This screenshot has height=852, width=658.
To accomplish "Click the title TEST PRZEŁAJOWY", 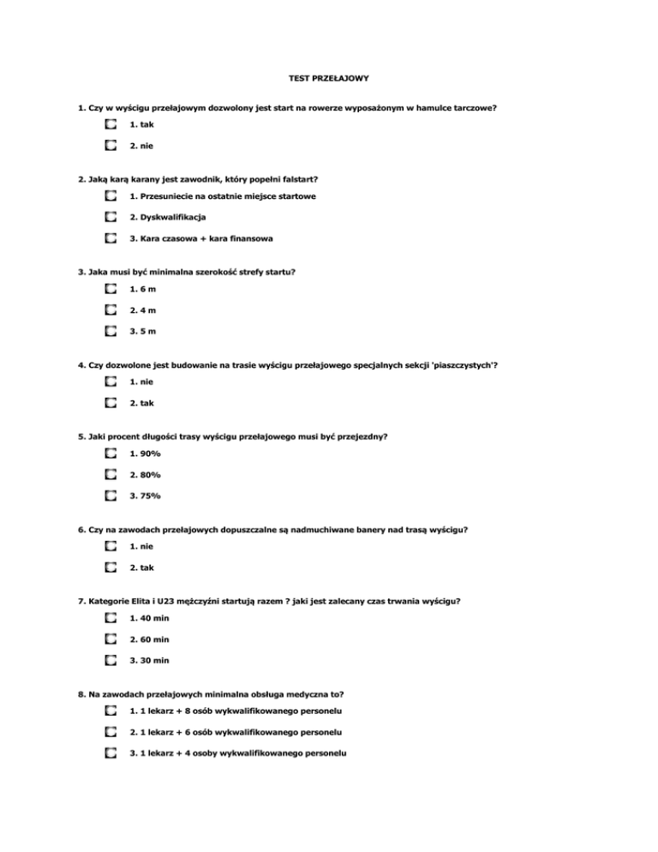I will pyautogui.click(x=329, y=78).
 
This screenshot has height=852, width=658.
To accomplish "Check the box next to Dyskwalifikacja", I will pyautogui.click(x=111, y=217).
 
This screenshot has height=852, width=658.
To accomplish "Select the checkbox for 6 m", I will pyautogui.click(x=111, y=289).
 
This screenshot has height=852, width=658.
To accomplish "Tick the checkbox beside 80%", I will pyautogui.click(x=111, y=474).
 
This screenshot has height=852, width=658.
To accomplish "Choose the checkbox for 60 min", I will pyautogui.click(x=111, y=639).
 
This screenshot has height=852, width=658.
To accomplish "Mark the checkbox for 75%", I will pyautogui.click(x=111, y=495).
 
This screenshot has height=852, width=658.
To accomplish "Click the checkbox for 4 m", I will pyautogui.click(x=111, y=309).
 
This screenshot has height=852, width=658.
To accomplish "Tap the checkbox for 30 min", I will pyautogui.click(x=111, y=660).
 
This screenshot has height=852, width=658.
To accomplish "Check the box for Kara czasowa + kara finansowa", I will pyautogui.click(x=111, y=237).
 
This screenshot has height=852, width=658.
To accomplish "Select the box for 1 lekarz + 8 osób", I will pyautogui.click(x=111, y=711).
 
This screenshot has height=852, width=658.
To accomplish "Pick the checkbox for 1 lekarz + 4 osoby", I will pyautogui.click(x=111, y=753).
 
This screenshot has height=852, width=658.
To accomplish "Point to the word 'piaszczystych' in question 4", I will pyautogui.click(x=464, y=365).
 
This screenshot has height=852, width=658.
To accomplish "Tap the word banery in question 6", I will pyautogui.click(x=366, y=530).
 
